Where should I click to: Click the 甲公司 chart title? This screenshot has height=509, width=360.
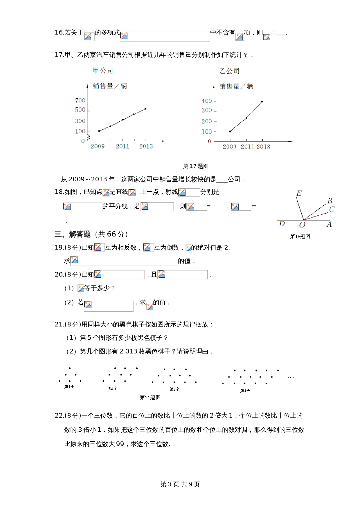tap(103, 71)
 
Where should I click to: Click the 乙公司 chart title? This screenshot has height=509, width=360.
tap(229, 71)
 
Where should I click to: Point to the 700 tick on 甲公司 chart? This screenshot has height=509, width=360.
tap(80, 101)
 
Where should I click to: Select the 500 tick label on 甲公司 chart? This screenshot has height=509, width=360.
tap(80, 110)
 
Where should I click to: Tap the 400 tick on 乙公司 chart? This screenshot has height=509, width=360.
tap(207, 101)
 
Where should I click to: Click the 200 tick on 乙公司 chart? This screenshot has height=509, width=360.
tap(207, 121)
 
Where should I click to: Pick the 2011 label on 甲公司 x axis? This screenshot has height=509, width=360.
tap(123, 146)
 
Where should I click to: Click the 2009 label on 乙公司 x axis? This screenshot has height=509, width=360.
tap(229, 147)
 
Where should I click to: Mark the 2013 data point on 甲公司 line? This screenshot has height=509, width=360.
tap(145, 109)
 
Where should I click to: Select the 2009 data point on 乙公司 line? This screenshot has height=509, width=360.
tap(230, 131)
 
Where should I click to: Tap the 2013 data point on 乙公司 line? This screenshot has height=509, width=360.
tap(262, 102)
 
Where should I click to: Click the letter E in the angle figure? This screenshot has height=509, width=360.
tap(299, 193)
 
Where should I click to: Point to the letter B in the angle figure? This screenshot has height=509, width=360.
tap(330, 201)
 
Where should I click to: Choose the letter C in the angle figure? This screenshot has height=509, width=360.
tap(332, 209)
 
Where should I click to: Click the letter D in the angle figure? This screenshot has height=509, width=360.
tap(282, 224)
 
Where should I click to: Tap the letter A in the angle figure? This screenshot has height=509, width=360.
tap(329, 224)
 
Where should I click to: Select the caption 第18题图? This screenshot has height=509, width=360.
tap(300, 236)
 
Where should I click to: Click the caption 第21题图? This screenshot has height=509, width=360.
tap(150, 397)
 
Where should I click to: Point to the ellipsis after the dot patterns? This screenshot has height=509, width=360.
tap(291, 378)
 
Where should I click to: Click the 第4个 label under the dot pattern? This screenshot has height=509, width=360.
tap(245, 391)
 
